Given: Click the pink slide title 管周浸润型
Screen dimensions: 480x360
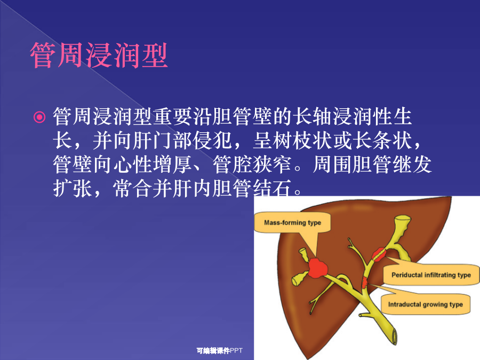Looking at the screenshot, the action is pyautogui.click(x=99, y=55).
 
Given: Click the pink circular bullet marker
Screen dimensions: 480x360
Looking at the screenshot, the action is pyautogui.click(x=39, y=117).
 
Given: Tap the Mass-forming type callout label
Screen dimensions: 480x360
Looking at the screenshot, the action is pyautogui.click(x=292, y=222).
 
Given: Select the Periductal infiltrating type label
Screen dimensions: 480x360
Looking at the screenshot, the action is pyautogui.click(x=431, y=275).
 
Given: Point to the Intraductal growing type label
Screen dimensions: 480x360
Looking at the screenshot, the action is pyautogui.click(x=426, y=305).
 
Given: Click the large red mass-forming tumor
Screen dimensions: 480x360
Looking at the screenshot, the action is pyautogui.click(x=318, y=268).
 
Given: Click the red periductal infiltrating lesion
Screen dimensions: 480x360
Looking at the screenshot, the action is pyautogui.click(x=379, y=254).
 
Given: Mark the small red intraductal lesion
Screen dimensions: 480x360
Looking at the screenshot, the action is pyautogui.click(x=364, y=282).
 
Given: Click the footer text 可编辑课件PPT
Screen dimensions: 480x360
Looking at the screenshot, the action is pyautogui.click(x=220, y=350).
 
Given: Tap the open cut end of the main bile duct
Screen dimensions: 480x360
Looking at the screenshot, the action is pyautogui.click(x=394, y=337).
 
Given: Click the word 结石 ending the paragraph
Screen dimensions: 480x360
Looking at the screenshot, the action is pyautogui.click(x=273, y=188).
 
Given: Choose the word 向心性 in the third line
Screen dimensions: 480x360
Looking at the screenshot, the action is pyautogui.click(x=133, y=164).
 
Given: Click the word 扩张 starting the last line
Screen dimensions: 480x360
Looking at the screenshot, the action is pyautogui.click(x=73, y=188).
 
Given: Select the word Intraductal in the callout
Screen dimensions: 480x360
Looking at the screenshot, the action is pyautogui.click(x=404, y=305).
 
